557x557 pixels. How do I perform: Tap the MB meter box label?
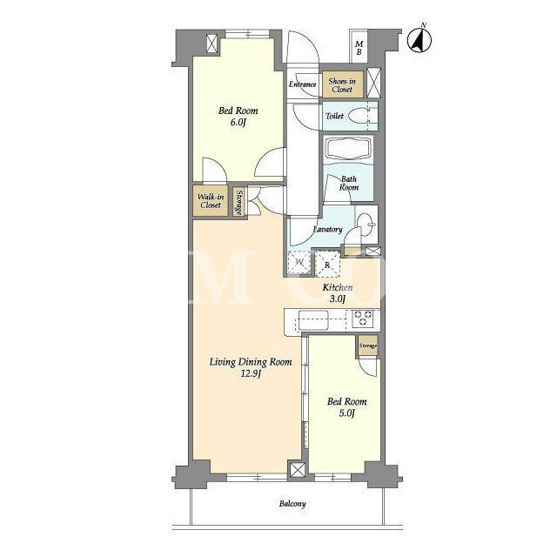point(359,48)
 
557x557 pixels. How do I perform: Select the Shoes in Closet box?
point(343,84)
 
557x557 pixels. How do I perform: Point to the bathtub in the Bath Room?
point(348,149)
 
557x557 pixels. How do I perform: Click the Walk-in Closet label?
point(211,201)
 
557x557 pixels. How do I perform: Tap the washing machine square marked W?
point(299,263)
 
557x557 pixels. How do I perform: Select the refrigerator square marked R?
point(327,265)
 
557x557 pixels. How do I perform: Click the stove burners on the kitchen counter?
point(363,318)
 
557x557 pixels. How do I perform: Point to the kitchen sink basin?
point(313,319)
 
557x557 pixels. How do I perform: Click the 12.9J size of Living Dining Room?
point(251,373)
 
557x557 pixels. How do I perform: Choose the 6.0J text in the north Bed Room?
point(238,123)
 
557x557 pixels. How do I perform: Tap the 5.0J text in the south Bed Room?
point(346,413)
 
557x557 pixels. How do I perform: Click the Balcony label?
point(292,504)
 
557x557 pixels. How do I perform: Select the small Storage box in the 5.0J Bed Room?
point(367,346)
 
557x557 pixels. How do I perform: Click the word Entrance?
point(302,84)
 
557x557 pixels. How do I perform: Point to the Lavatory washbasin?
point(366,225)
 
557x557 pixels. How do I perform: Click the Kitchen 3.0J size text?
point(338,299)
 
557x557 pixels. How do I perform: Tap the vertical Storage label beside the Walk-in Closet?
point(239,203)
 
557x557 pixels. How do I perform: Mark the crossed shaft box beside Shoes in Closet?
point(373,83)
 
